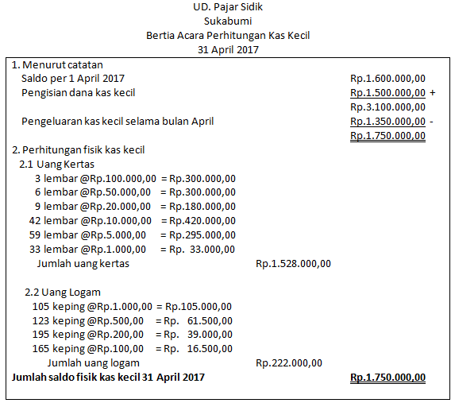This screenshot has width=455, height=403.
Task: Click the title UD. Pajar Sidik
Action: (x=228, y=7)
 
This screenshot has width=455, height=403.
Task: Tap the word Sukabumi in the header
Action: (x=228, y=21)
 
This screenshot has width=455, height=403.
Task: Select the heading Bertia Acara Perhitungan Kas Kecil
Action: (x=228, y=36)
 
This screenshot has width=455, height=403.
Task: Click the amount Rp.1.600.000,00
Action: (x=388, y=79)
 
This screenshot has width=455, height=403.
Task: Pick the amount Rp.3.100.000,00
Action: (x=388, y=107)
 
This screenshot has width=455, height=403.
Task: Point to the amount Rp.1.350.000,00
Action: (x=388, y=122)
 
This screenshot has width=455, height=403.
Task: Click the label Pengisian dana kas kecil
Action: (x=79, y=93)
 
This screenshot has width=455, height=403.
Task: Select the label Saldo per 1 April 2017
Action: (x=73, y=79)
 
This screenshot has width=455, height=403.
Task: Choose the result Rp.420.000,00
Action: (x=198, y=220)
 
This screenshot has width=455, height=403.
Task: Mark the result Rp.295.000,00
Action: (x=198, y=234)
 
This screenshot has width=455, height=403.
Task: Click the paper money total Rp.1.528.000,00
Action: (x=293, y=263)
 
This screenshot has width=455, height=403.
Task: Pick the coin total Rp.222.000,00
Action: (x=289, y=363)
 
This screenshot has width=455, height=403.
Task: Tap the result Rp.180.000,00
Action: (x=198, y=206)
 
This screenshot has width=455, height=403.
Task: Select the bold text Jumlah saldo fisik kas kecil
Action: (x=107, y=378)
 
